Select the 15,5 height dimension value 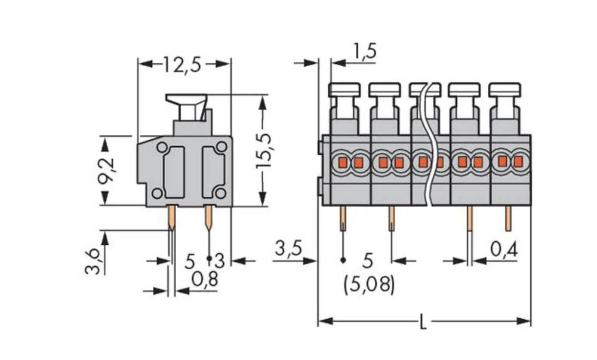click(263, 150)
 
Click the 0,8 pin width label click(204, 279)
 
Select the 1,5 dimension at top click(364, 52)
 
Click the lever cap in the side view click(187, 100)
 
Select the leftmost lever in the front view click(344, 91)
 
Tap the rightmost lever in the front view click(504, 91)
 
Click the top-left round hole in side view click(162, 147)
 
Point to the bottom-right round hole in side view click(220, 192)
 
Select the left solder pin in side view click(172, 217)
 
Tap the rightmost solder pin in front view click(508, 219)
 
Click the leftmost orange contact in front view click(343, 162)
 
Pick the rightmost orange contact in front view click(518, 161)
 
